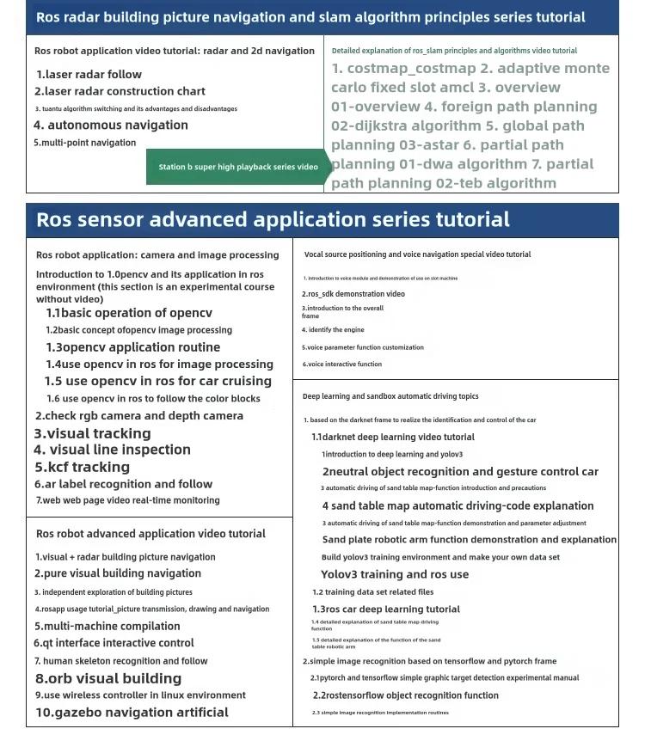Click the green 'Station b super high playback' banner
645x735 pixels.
tap(237, 167)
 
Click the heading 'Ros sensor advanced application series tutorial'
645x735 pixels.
tap(273, 220)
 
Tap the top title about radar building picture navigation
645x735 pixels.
tap(310, 17)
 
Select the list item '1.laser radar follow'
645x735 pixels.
tap(89, 75)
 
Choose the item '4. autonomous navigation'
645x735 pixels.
tap(111, 125)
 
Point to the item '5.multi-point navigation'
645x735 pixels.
tap(84, 143)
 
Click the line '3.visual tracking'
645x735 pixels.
tap(93, 433)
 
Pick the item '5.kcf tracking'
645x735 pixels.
tap(83, 467)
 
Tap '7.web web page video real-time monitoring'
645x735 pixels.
tap(127, 500)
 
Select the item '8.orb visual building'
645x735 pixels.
tap(108, 678)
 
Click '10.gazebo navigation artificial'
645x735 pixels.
tap(132, 712)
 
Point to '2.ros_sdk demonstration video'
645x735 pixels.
tap(353, 294)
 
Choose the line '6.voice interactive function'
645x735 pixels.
tap(341, 364)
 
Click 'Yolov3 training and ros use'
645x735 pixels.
tap(395, 574)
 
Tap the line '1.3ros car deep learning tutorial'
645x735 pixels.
tap(385, 609)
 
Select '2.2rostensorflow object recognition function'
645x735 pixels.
tap(405, 695)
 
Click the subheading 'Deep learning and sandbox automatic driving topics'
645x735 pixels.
tap(390, 396)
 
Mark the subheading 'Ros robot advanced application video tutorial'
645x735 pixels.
tap(150, 534)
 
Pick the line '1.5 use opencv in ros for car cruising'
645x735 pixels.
tap(158, 381)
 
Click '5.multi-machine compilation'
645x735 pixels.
tap(107, 626)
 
